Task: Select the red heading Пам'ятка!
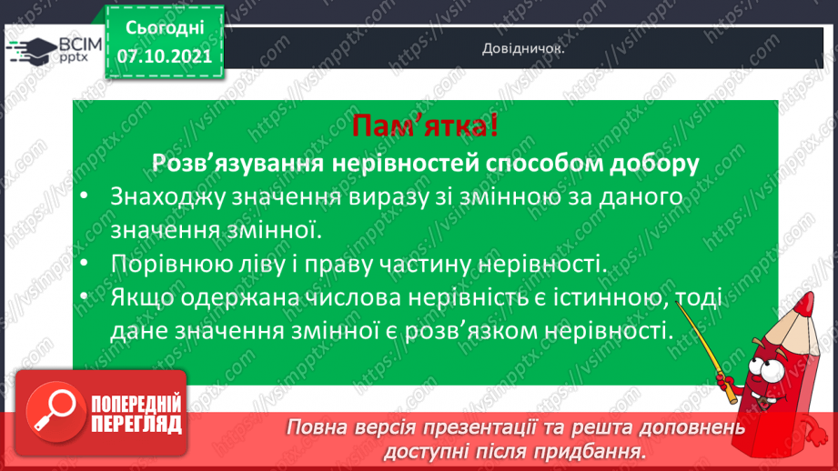coord(426,126)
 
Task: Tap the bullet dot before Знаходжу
coord(85,197)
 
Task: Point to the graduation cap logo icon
coord(34,51)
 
